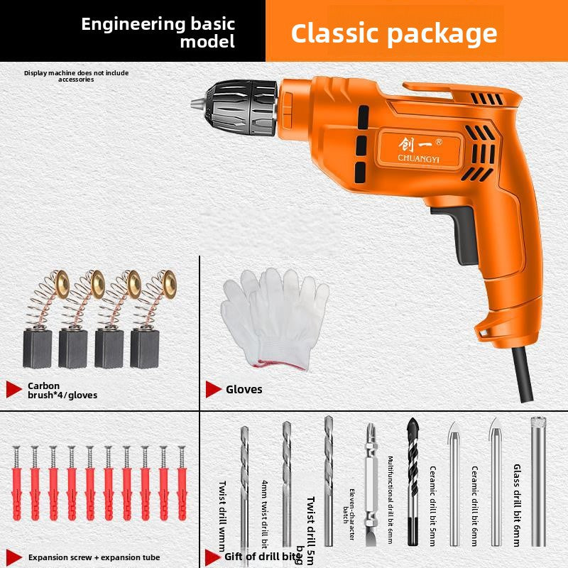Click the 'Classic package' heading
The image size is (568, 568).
(x=394, y=33)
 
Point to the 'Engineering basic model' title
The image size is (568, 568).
(x=158, y=32)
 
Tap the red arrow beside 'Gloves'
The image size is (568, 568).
(x=212, y=389)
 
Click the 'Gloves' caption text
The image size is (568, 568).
(x=244, y=389)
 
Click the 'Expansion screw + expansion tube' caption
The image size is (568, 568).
(x=94, y=557)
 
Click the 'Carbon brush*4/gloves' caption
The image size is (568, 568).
(x=62, y=390)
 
